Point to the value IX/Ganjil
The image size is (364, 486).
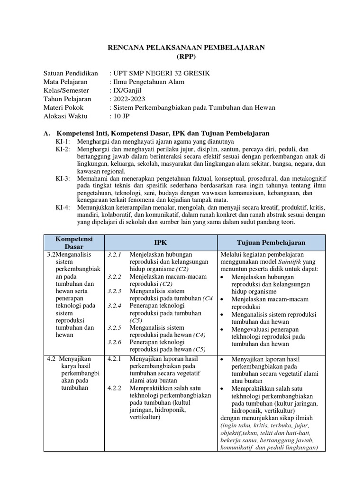click(x=127, y=90)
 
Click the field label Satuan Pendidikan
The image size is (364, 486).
click(x=71, y=73)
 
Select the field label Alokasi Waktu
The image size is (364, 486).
click(x=66, y=116)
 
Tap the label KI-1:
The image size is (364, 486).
click(x=63, y=141)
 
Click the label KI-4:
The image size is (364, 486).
click(x=63, y=207)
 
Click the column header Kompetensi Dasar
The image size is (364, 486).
click(x=73, y=242)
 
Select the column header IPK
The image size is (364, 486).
click(x=160, y=242)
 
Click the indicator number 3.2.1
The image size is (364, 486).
click(x=115, y=255)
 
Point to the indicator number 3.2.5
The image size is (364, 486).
click(x=115, y=327)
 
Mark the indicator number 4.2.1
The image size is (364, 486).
click(x=115, y=359)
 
